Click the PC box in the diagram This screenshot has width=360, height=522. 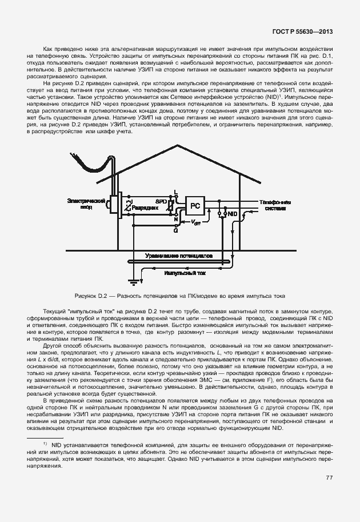point(195,205)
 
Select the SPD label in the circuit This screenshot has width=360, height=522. point(162,202)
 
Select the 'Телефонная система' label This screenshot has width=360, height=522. point(275,205)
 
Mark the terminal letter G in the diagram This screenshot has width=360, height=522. point(175,230)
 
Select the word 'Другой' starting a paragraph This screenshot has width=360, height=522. point(53,346)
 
